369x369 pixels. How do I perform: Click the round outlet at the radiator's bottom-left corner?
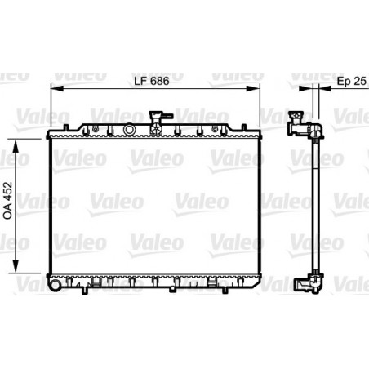tap(52, 287)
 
